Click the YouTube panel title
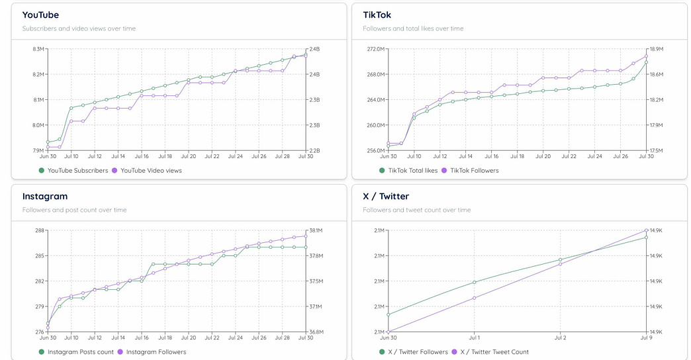tap(40, 15)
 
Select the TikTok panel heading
tap(377, 15)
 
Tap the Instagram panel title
tap(45, 197)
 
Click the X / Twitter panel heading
tap(386, 197)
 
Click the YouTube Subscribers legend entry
tap(73, 170)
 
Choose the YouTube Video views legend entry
tap(146, 170)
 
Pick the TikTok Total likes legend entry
tap(408, 170)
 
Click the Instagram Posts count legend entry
tap(76, 352)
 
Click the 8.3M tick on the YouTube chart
tap(38, 49)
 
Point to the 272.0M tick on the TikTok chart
tap(375, 49)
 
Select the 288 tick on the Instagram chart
tap(39, 230)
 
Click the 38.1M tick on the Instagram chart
tap(316, 230)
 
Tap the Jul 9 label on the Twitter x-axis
tap(645, 337)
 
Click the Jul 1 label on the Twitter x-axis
tap(475, 337)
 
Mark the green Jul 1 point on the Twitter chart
tap(475, 283)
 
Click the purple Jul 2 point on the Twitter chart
tap(560, 264)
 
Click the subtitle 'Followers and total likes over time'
tap(413, 28)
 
